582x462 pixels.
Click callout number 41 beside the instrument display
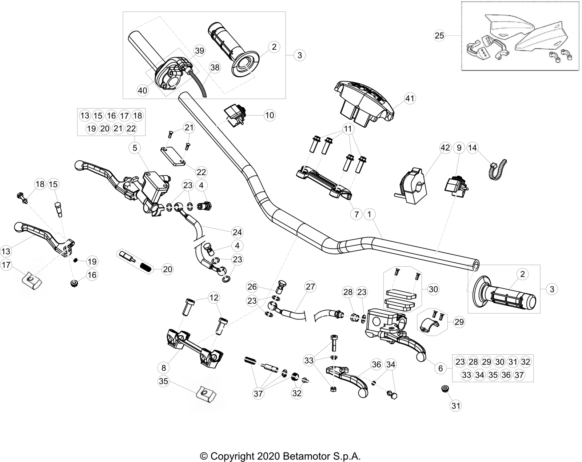click(x=410, y=98)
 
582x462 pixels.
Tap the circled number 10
click(x=270, y=115)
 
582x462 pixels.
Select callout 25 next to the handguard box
click(x=439, y=35)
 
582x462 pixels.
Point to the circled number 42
click(x=445, y=148)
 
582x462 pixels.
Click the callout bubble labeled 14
click(x=473, y=148)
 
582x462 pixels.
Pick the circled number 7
click(x=356, y=215)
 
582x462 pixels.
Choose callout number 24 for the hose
click(x=237, y=232)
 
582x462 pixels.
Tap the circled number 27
click(x=310, y=286)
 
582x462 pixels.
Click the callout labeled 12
click(x=214, y=298)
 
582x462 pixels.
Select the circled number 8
click(x=164, y=368)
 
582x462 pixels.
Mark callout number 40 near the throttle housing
click(x=143, y=90)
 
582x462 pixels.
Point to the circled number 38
click(x=215, y=67)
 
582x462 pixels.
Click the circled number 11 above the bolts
click(x=348, y=129)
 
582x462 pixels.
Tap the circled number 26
click(x=252, y=287)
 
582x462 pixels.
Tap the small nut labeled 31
click(x=444, y=389)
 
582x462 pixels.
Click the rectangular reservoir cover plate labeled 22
click(x=173, y=156)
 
